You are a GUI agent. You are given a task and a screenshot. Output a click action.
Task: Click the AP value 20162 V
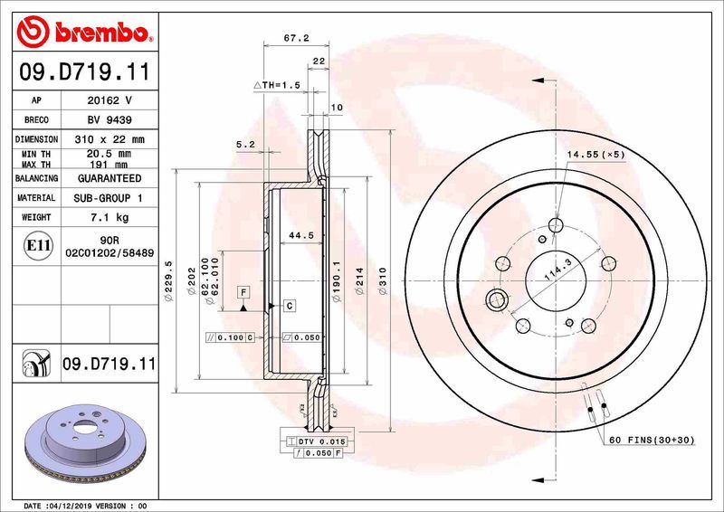point(109,100)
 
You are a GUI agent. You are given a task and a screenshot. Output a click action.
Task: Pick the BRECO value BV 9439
point(109,120)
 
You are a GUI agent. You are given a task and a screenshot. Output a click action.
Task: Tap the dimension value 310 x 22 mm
point(109,139)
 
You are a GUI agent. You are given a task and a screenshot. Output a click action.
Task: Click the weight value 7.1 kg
point(109,217)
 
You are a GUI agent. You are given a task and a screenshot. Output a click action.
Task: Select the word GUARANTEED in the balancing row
point(109,179)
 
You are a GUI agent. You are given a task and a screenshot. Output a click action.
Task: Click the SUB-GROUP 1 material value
point(109,197)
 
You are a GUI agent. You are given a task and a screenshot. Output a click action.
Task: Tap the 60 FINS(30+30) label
point(653,441)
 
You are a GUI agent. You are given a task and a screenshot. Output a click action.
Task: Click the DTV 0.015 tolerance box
point(316,441)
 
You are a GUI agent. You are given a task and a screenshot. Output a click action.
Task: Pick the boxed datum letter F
point(243,291)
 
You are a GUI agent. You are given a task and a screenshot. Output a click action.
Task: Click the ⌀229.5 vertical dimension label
point(168,280)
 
